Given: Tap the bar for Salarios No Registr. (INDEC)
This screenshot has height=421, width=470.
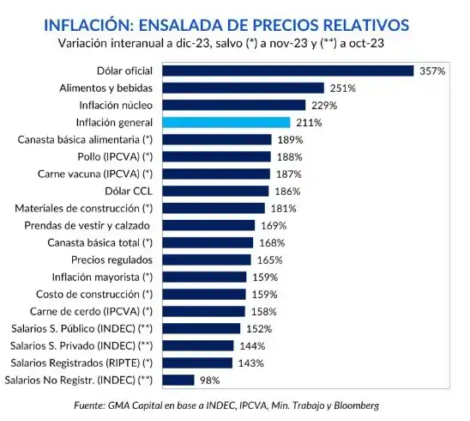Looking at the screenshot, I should (178, 379).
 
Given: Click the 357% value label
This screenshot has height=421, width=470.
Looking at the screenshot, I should (431, 70).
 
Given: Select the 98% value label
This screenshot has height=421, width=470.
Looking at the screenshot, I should (210, 379).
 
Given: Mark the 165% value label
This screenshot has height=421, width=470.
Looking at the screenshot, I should (268, 259).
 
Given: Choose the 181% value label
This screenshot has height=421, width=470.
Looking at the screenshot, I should (282, 208).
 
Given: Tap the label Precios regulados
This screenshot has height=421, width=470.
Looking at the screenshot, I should (111, 259).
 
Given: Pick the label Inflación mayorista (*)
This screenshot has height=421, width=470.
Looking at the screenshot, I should (102, 277).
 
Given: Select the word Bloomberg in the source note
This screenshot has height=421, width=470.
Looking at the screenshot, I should (352, 404).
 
